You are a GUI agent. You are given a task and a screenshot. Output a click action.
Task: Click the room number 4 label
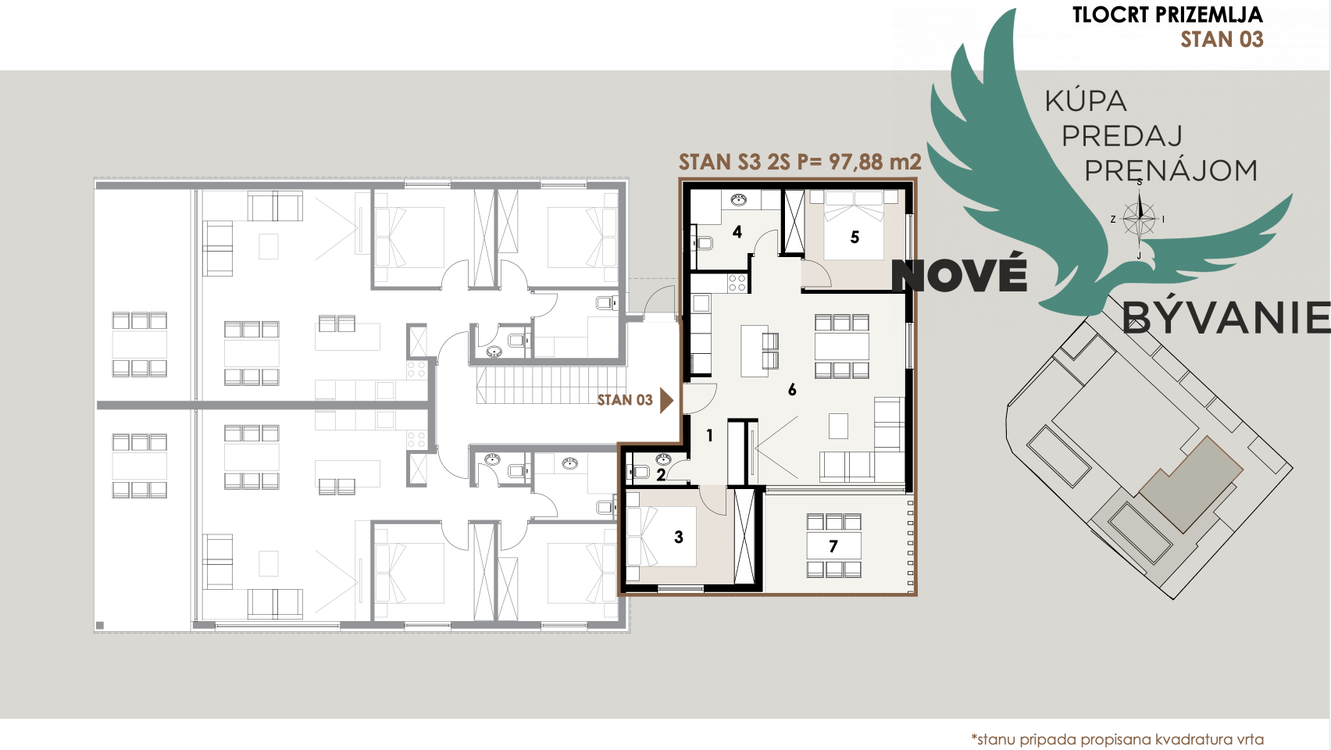(x=737, y=232)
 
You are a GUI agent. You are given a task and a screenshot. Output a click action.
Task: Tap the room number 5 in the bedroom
(x=855, y=237)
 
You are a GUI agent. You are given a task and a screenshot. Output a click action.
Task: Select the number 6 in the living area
(x=791, y=389)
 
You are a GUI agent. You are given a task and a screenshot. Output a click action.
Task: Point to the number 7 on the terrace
(x=833, y=546)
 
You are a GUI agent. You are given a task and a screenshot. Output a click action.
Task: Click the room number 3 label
(x=679, y=537)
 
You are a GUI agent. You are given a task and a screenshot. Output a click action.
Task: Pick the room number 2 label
(x=661, y=475)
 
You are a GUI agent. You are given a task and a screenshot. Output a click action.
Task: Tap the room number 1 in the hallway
(x=709, y=436)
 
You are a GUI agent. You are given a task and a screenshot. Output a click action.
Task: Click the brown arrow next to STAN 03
(x=667, y=400)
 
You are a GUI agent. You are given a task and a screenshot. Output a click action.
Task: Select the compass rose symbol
(x=1139, y=219)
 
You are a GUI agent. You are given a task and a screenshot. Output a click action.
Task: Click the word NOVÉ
(x=960, y=275)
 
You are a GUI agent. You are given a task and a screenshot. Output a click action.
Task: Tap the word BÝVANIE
(x=1226, y=316)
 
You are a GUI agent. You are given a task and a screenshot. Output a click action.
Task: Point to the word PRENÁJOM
(x=1171, y=171)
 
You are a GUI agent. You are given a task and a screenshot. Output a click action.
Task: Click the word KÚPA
(x=1086, y=101)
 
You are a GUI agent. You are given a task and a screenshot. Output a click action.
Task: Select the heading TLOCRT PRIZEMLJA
(x=1168, y=15)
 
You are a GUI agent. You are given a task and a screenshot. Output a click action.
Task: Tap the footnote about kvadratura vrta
(x=1117, y=739)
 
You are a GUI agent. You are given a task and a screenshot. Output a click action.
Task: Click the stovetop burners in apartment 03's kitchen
(x=737, y=284)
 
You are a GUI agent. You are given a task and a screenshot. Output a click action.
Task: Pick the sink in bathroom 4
(x=739, y=200)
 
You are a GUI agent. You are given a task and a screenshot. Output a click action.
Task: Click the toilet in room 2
(x=639, y=472)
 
